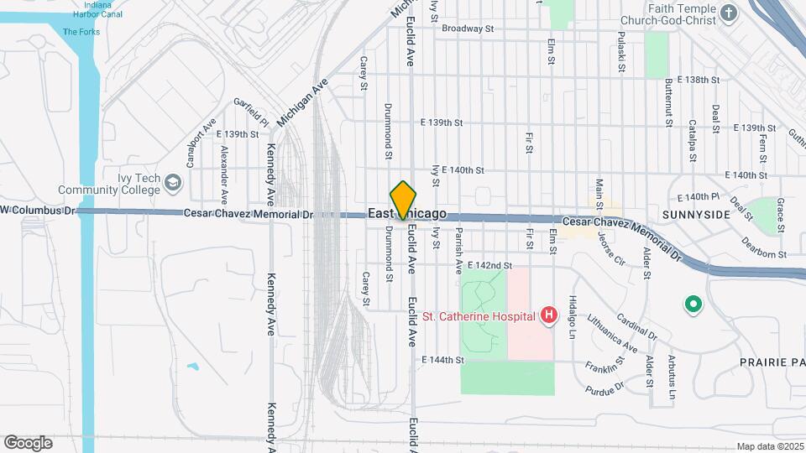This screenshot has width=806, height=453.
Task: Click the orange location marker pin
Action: (403, 200)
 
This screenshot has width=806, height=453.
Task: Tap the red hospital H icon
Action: (548, 315)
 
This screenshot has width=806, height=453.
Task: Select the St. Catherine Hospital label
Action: (479, 316)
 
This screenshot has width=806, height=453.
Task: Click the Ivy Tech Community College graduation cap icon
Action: (172, 182)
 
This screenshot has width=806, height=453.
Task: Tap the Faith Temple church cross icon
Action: (728, 13)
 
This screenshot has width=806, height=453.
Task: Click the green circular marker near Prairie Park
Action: (693, 305)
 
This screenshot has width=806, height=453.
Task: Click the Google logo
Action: (28, 442)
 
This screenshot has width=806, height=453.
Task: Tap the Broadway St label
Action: (468, 29)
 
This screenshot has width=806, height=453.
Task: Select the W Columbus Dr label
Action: (38, 209)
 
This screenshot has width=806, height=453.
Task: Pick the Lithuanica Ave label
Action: (612, 333)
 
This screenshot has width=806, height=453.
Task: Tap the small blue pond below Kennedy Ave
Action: (194, 367)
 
